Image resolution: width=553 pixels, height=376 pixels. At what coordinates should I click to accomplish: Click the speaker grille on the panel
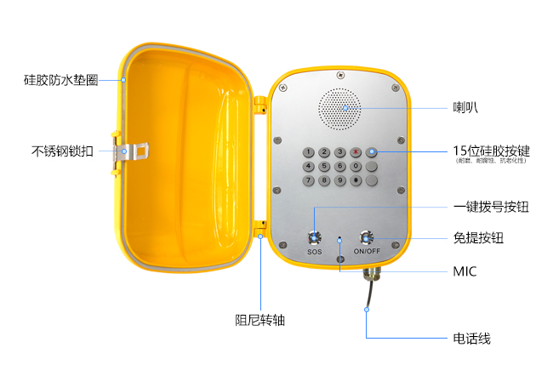point(339,107)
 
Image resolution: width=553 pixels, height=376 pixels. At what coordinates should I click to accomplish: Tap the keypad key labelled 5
point(324,166)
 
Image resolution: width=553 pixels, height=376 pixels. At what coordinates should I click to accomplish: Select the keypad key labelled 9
point(339,180)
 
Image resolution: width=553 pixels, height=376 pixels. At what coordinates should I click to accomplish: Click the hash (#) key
point(356,180)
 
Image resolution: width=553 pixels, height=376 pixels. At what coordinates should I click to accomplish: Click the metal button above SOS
point(314,237)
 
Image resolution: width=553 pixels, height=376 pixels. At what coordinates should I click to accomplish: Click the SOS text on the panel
point(314,253)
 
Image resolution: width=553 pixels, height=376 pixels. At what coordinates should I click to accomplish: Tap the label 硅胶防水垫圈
point(60,80)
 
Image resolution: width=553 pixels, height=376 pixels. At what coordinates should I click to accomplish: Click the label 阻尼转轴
point(259,321)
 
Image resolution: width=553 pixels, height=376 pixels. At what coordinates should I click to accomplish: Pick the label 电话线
point(471,339)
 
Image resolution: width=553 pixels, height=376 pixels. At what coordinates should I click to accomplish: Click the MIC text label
point(465,271)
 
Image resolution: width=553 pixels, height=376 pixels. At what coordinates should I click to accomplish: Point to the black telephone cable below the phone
point(368,298)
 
